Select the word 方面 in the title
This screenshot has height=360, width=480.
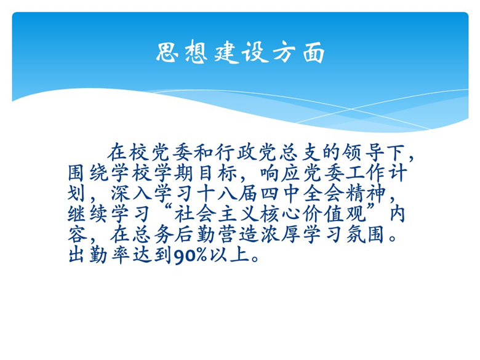click(298, 52)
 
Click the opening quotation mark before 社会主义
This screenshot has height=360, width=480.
click(168, 209)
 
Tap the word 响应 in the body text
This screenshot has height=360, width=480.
click(281, 173)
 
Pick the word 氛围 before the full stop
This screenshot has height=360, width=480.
click(365, 235)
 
